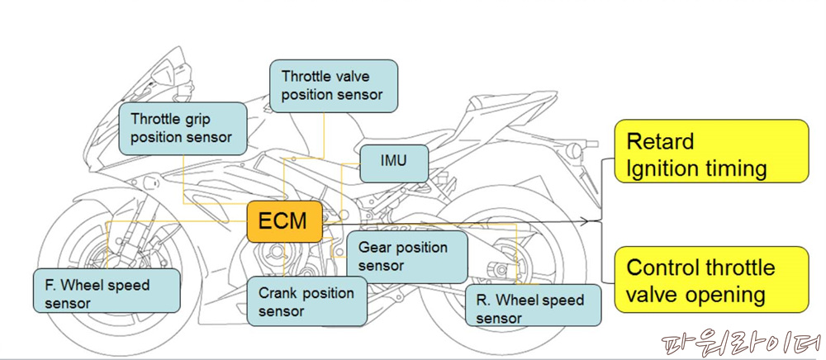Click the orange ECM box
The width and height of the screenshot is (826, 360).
[x=284, y=220]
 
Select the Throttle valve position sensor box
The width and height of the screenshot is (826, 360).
[x=333, y=85]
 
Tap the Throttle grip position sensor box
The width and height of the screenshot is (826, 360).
[x=183, y=128]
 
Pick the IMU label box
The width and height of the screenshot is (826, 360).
[x=394, y=162]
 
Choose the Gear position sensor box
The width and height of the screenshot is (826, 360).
[x=408, y=257]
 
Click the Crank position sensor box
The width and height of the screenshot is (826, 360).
[x=306, y=301]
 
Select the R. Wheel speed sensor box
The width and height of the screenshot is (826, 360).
[x=529, y=308]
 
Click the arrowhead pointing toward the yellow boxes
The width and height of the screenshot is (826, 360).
[x=589, y=221]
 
